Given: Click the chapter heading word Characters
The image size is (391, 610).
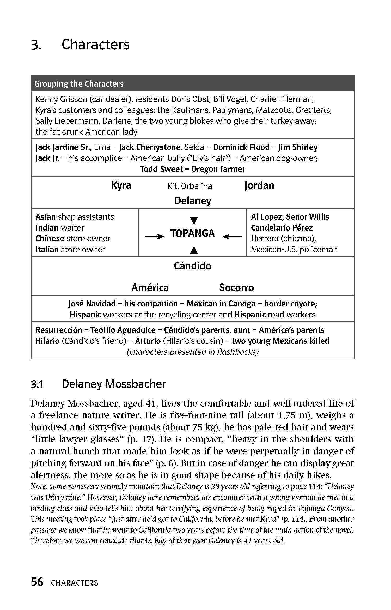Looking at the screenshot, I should coord(95,44).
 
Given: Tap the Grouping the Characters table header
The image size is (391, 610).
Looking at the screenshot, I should coord(79,84).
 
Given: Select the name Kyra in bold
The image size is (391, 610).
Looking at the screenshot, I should coord(121,185).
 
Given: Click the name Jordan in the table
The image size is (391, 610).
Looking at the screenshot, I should coord(259,185).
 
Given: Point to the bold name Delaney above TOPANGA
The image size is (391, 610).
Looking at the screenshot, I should coord(193,201).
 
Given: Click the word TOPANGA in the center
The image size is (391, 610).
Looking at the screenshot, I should coord(193,233).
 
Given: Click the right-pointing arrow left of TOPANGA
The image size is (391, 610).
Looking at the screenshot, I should coord(154,237).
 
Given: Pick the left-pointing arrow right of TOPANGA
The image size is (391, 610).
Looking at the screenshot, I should coord(232,237).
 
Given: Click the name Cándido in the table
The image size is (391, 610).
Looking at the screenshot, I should coord(193,266).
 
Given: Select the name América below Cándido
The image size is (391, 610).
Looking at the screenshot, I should coord(150,287).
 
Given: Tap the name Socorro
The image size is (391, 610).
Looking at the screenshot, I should coord(236,287).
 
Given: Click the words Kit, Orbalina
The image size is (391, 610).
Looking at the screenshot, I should coord(190,186).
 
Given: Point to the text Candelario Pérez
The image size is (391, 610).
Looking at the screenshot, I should coord(282,228).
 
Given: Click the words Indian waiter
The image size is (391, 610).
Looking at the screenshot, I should coord(60,228).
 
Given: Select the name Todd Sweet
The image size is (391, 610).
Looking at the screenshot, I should coord(162,169).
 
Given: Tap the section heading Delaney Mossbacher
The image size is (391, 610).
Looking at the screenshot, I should coord(114,384).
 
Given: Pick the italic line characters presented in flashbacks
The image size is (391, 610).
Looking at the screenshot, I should coord(193,352).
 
